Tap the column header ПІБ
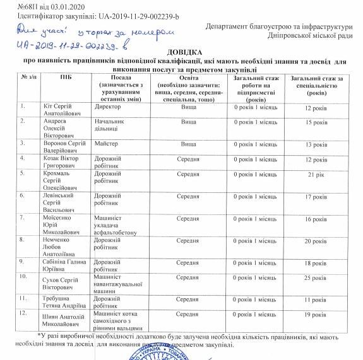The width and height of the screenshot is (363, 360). pos(66,77)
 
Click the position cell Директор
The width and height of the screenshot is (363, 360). pos(107,108)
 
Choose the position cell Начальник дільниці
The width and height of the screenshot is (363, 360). pos(110,126)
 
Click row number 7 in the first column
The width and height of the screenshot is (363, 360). pos(23,217)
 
